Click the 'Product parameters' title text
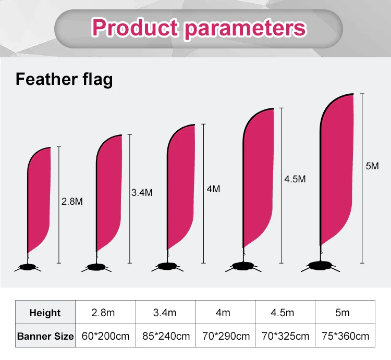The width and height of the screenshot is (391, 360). point(199,27)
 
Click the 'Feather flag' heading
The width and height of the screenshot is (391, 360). point(64,80)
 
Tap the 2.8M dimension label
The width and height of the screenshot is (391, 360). point(72,201)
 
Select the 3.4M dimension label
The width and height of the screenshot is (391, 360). point(142,192)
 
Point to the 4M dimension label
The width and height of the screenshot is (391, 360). point(213,189)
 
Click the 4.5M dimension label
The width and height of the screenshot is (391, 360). point(295,179)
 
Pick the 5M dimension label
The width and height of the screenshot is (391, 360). point(372,166)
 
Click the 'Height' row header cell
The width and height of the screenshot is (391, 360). point(45,313)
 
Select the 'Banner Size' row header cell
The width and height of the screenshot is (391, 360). point(45,336)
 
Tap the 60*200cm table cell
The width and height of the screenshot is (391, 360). point(106,336)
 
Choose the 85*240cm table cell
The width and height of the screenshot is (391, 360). point(166,336)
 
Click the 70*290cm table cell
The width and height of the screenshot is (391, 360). point(225,336)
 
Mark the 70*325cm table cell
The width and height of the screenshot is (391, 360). point(285,336)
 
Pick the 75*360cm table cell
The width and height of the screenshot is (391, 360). point(345,336)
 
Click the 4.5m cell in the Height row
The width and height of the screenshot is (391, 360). point(285,313)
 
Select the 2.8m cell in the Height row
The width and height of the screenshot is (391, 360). point(106,313)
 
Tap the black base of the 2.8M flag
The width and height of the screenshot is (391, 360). point(29,268)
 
